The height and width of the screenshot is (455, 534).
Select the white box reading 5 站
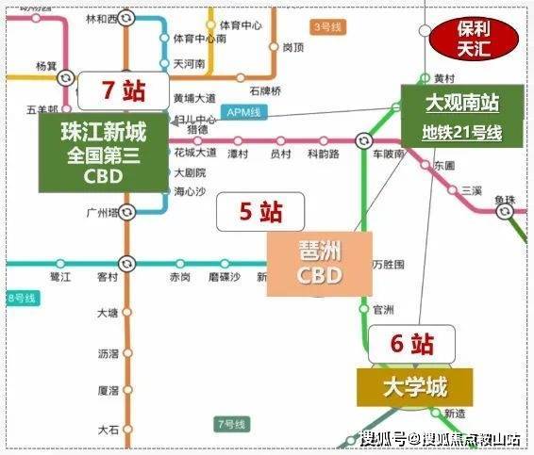248,212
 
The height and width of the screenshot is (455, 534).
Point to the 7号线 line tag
231,423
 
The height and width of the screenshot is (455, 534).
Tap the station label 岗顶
293,46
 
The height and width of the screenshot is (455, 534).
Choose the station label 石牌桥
265,91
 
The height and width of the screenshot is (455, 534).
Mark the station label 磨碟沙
225,277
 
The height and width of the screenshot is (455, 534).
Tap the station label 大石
108,430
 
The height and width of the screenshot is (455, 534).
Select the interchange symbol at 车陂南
362,141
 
